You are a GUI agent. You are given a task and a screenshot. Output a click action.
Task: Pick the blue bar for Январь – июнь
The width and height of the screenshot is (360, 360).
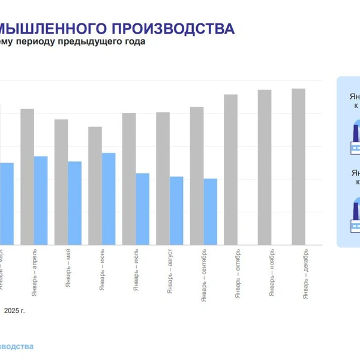point(109,199)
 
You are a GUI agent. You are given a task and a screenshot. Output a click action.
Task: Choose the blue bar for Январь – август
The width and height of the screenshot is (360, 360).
point(176,210)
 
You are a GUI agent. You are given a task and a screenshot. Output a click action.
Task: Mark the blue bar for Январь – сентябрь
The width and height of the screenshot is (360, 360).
point(211,211)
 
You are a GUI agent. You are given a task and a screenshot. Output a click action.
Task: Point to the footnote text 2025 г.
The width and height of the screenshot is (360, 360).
point(15,311)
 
